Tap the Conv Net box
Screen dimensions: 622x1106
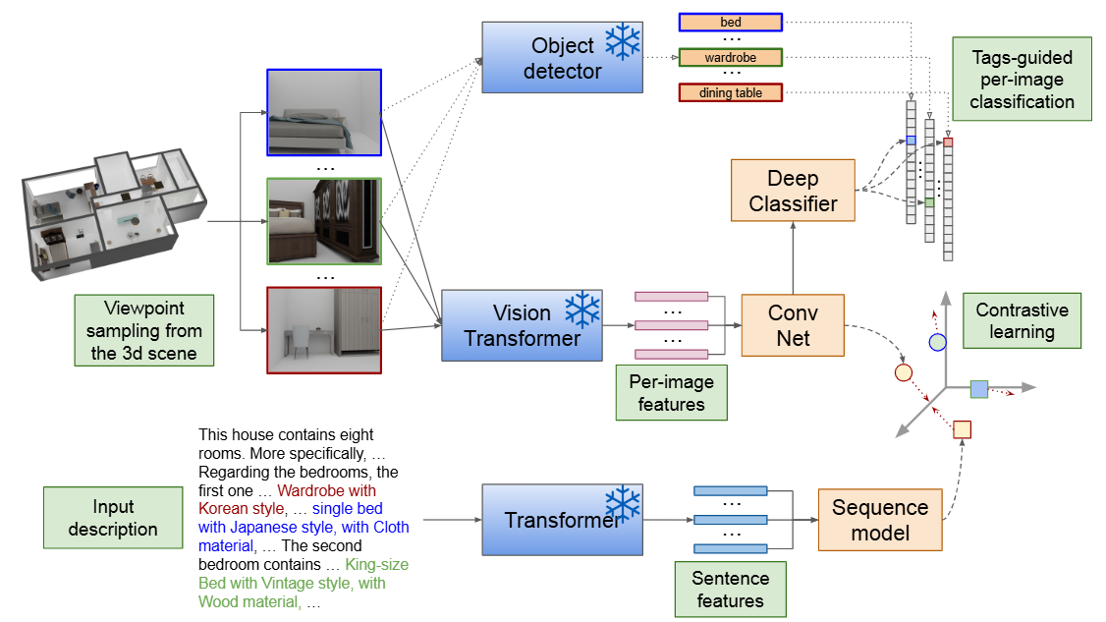pos(793,325)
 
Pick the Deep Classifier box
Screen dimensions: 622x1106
pos(793,191)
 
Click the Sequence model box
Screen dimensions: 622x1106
pos(879,520)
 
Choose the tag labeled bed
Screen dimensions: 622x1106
pos(731,23)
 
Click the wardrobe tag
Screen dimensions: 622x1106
pos(731,58)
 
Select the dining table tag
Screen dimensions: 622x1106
pos(731,93)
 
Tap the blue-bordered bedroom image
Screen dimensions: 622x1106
pos(323,112)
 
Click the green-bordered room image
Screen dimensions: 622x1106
pos(323,221)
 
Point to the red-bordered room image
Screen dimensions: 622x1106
pos(323,330)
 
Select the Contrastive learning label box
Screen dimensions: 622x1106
pos(1022,320)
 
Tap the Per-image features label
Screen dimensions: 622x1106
pos(672,392)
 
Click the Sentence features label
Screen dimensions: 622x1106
pos(730,589)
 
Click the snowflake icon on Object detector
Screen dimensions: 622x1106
pos(622,41)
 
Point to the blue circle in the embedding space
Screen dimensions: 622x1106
pos(937,342)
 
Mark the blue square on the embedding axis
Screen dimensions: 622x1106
pos(978,388)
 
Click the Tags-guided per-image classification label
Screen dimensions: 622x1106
pos(1022,80)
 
